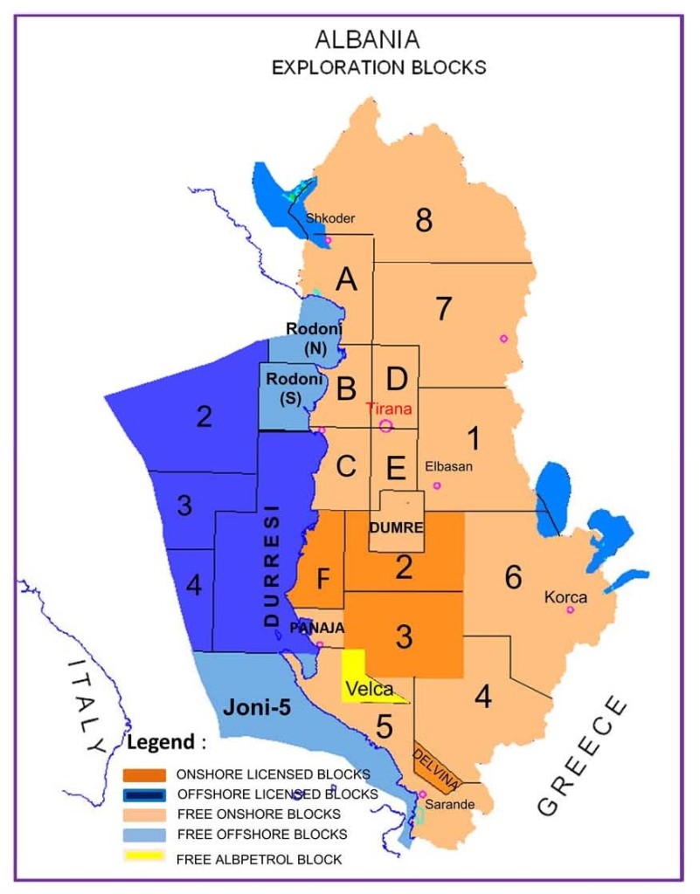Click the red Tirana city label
pos(388,408)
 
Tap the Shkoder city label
pos(330,218)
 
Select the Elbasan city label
pos(448,466)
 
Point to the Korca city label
pos(565,597)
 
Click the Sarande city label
pos(451,804)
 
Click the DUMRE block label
pos(396,527)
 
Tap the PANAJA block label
pos(317,628)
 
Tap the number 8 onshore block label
pos(424,221)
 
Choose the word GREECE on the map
pos(581,756)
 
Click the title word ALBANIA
pos(367,39)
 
